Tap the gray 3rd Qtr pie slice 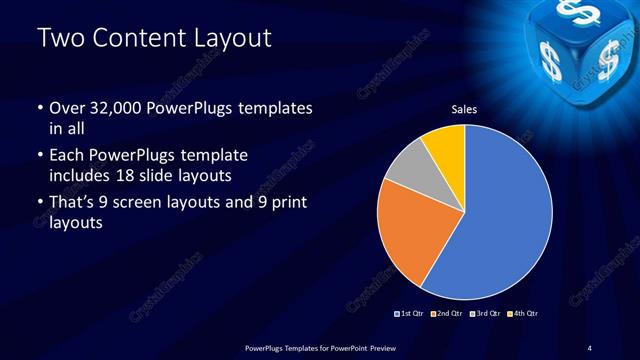(x=407, y=172)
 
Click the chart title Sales (x=464, y=108)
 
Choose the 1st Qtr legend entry (x=409, y=314)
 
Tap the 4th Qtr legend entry (x=523, y=314)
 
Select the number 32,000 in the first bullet (x=120, y=107)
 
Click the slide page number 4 (x=590, y=347)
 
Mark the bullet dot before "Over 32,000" (x=39, y=108)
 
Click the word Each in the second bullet (x=65, y=156)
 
